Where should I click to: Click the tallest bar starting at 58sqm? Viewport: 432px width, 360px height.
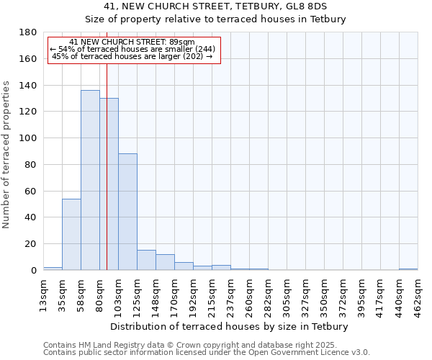tap(90, 180)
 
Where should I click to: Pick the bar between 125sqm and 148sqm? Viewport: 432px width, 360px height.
tap(146, 260)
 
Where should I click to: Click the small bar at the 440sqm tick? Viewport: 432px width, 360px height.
tap(408, 269)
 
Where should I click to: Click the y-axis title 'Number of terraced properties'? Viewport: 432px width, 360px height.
tap(7, 154)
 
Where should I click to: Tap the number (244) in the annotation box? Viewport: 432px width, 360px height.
tap(204, 49)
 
